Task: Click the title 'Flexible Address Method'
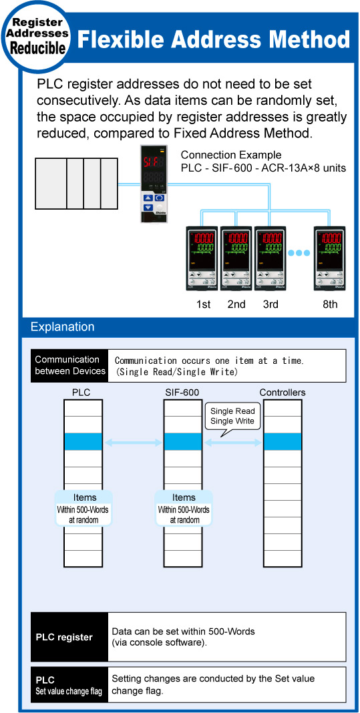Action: coord(214,39)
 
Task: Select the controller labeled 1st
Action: coord(202,258)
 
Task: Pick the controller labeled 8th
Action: coord(329,258)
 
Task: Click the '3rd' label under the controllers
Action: coord(271,304)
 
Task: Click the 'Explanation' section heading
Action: coord(62,326)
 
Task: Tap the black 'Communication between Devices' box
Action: coord(69,366)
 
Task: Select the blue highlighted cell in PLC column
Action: coord(82,441)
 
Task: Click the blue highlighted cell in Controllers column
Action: coord(282,441)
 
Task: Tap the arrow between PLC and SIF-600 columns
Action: coord(132,442)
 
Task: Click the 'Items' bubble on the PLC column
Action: coord(82,508)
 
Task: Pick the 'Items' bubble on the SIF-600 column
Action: coord(183,508)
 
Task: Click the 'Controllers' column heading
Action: coord(282,393)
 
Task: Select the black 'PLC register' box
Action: coord(69,637)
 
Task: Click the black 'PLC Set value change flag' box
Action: coord(69,685)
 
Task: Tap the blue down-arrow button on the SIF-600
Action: coord(148,208)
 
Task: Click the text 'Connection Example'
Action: coord(231,155)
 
